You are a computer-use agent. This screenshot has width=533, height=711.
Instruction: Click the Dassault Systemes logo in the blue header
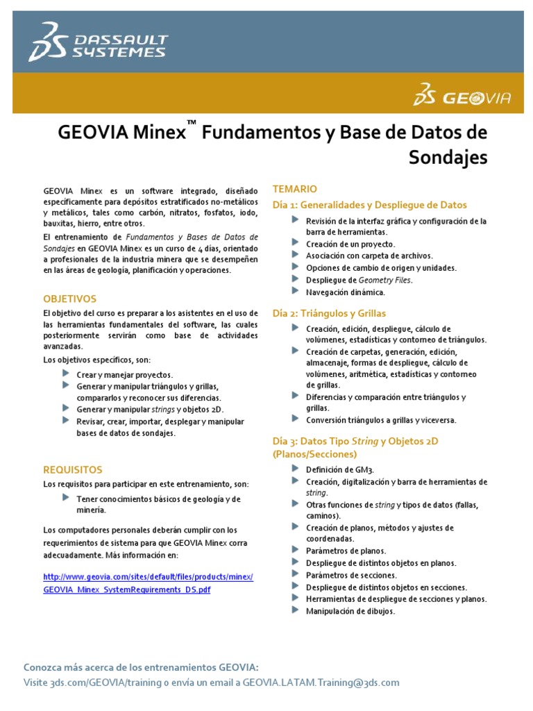98,41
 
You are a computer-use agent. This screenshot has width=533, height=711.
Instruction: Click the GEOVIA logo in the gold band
462,96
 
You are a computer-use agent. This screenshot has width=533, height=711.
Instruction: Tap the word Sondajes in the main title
448,158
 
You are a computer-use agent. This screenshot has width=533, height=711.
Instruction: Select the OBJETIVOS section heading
70,299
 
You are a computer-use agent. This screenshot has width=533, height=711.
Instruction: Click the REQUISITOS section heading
73,469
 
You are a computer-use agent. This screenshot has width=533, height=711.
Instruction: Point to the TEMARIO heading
295,188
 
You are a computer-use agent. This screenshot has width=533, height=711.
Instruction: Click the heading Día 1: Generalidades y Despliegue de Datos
370,205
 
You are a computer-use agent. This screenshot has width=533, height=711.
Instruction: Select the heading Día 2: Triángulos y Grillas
329,313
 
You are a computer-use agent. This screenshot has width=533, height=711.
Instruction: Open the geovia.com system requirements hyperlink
148,583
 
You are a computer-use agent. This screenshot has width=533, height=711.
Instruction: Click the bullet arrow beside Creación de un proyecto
296,243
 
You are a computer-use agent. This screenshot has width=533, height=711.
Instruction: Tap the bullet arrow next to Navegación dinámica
296,292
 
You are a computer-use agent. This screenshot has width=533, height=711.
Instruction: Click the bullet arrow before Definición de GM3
296,469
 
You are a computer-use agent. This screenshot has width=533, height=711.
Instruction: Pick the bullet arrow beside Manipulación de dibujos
296,610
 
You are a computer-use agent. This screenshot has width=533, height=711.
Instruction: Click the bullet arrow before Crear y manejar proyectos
66,374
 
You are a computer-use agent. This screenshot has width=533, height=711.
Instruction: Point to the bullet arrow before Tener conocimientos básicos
66,498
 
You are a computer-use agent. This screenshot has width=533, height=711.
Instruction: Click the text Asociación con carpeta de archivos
369,256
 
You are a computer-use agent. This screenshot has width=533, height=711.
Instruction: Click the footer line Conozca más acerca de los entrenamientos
141,667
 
